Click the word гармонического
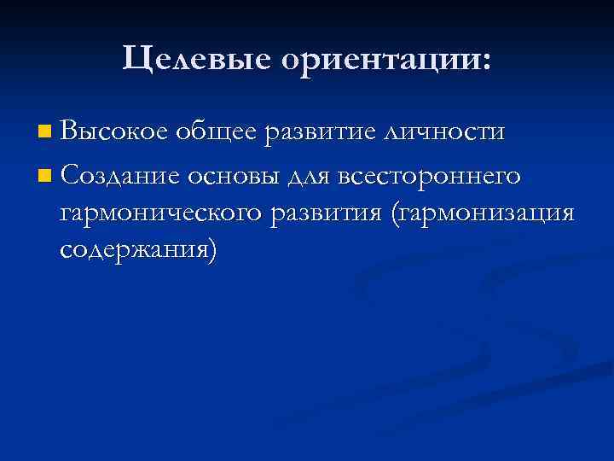click(x=162, y=213)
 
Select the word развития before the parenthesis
click(x=325, y=213)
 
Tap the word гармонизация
click(x=486, y=213)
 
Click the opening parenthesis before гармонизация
click(x=393, y=213)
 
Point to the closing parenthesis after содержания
click(x=212, y=249)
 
